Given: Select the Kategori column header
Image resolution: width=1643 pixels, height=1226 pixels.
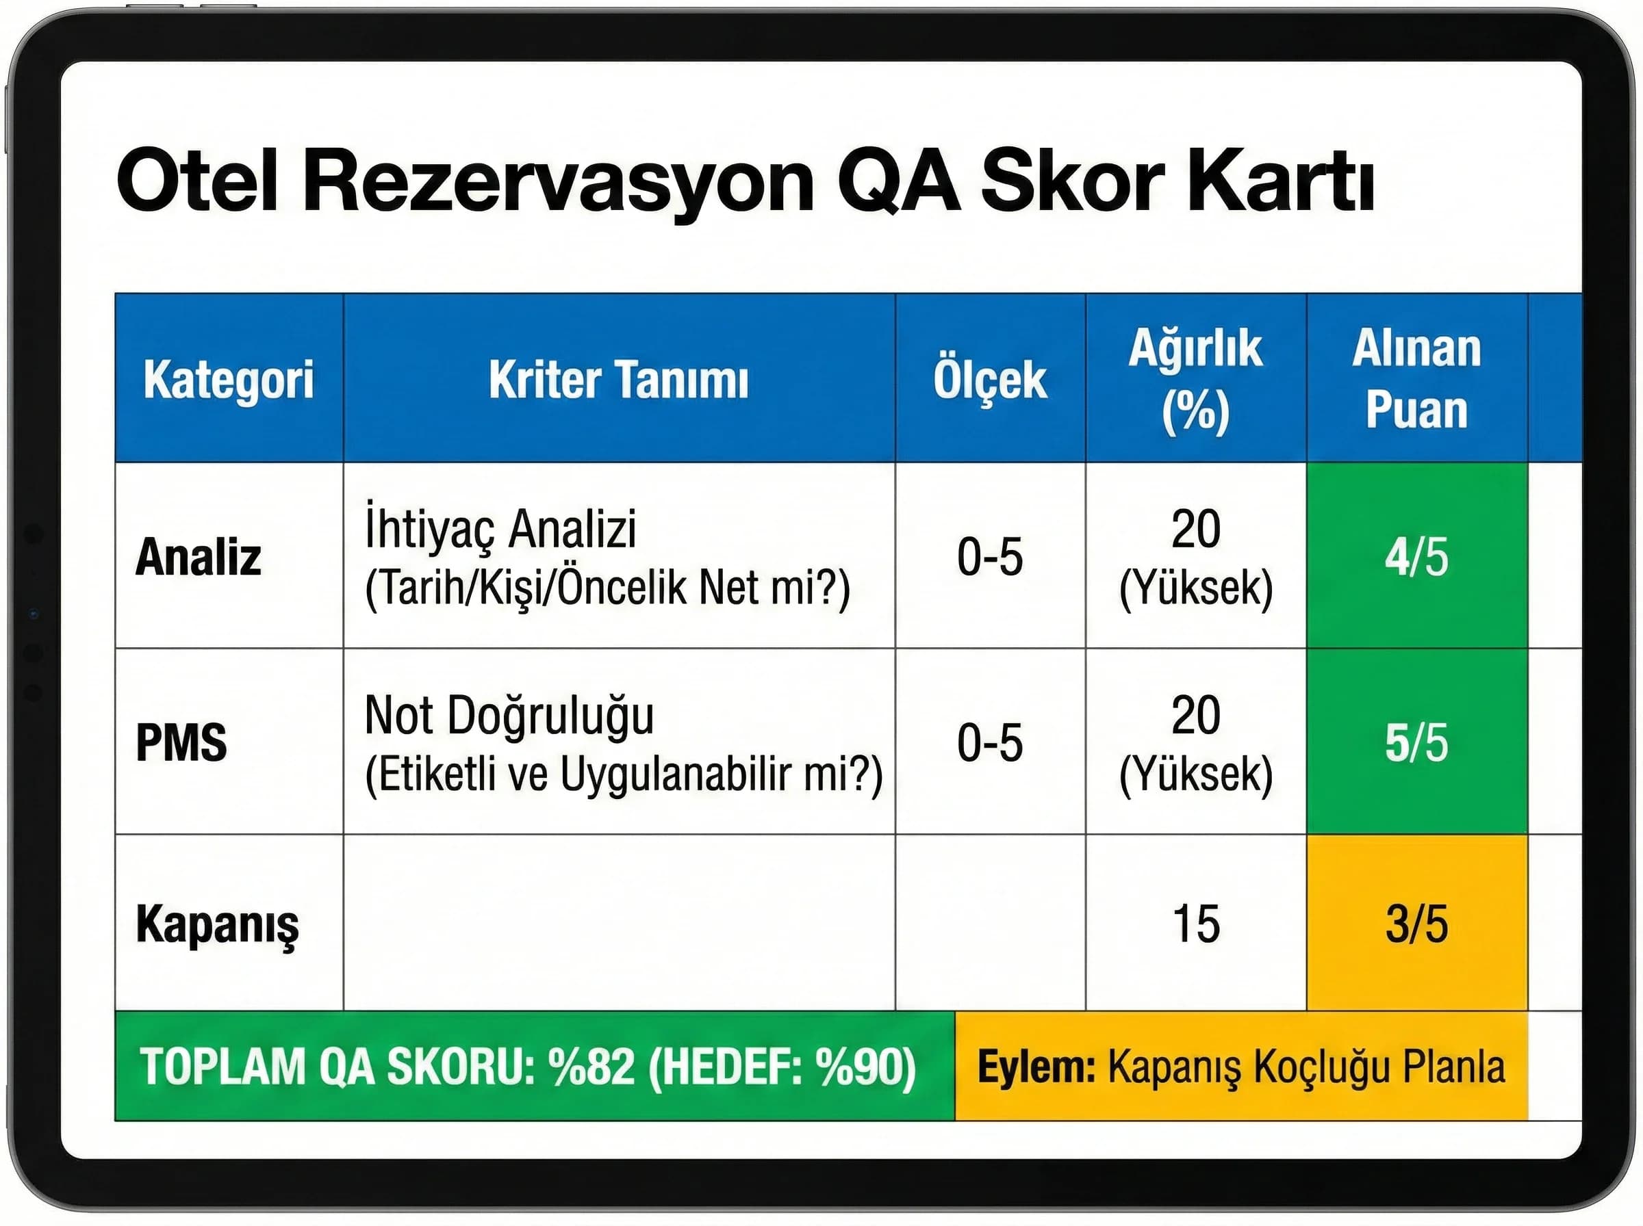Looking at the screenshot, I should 229,379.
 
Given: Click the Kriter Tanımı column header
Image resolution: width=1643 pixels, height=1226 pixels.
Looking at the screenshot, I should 618,379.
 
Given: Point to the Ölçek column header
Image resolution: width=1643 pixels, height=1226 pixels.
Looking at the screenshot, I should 990,379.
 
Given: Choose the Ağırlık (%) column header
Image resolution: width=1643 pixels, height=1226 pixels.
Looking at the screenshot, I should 1195,379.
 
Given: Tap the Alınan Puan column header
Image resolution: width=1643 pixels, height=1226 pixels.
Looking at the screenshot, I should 1416,379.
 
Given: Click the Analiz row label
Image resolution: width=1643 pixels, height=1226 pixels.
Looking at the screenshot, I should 199,557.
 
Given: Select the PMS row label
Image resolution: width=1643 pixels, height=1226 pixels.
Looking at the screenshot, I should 181,742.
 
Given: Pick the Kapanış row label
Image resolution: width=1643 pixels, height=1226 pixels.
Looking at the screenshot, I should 217,925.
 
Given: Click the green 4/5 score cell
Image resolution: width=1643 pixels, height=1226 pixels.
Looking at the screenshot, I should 1416,557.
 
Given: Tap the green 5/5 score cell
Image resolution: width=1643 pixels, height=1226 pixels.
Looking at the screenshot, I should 1416,742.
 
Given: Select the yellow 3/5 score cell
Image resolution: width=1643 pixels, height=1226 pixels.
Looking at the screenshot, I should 1416,925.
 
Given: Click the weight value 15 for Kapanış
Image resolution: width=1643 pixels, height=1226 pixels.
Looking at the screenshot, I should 1195,925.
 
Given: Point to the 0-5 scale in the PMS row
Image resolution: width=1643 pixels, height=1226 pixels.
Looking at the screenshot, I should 990,742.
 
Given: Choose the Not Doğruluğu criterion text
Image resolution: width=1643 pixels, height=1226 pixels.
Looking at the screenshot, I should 509,716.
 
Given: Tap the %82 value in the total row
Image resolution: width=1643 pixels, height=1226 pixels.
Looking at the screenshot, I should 591,1067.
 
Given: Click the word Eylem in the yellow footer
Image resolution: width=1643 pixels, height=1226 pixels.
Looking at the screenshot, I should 1036,1067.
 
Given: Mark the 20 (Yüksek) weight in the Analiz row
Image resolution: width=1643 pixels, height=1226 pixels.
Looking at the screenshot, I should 1195,557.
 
